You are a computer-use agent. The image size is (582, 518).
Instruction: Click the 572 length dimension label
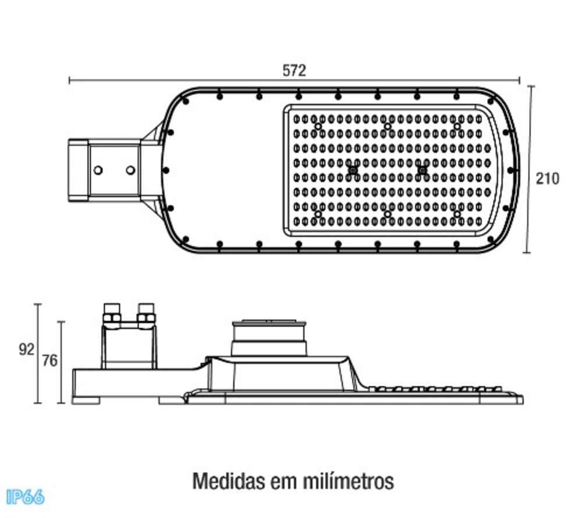click(294, 70)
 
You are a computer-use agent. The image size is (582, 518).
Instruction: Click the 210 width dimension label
click(548, 179)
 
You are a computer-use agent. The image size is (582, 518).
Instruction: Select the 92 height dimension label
click(27, 350)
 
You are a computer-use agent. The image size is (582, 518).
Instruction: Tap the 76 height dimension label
click(49, 361)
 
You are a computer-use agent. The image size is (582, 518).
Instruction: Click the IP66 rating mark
click(25, 497)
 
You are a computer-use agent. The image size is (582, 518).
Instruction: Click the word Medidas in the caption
click(229, 481)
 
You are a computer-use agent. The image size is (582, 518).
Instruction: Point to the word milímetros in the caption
click(348, 481)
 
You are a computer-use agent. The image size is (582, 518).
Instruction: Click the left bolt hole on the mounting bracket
click(98, 171)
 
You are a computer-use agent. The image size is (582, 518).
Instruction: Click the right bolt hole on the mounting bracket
click(130, 171)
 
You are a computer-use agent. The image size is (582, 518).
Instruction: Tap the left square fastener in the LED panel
click(353, 171)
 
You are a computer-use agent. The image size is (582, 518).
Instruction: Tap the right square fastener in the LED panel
click(422, 171)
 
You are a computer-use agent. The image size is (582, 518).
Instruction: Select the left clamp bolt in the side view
click(112, 315)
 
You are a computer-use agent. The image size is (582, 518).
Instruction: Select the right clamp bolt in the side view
click(146, 315)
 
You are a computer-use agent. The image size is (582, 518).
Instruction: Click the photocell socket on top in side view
click(269, 337)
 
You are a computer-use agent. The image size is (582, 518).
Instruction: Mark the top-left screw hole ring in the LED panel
click(318, 126)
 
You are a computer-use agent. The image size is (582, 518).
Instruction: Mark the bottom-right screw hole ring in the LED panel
click(457, 214)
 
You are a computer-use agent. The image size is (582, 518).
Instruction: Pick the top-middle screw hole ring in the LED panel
click(388, 126)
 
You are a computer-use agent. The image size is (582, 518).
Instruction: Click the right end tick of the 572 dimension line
click(519, 80)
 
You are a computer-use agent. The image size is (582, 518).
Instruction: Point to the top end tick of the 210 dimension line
click(531, 87)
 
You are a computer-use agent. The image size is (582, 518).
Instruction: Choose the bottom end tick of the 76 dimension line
click(62, 403)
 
